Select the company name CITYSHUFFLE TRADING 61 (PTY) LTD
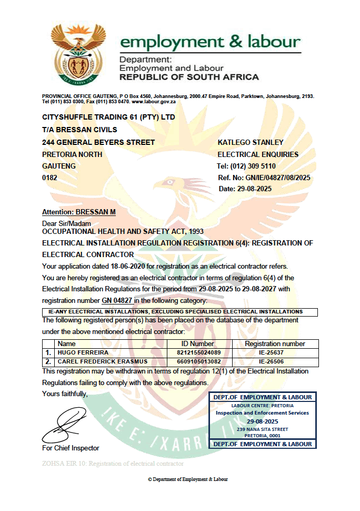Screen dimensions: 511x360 [108, 117]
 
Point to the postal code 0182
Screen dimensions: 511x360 [49, 178]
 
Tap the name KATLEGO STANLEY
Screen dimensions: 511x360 [251, 142]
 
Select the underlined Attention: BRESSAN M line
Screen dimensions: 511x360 [79, 212]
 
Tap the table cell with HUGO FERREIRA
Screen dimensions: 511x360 [77, 352]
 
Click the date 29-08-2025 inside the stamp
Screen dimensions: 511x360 [262, 421]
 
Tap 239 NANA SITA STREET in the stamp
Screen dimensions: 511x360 [262, 429]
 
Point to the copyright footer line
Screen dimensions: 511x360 [188, 479]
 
